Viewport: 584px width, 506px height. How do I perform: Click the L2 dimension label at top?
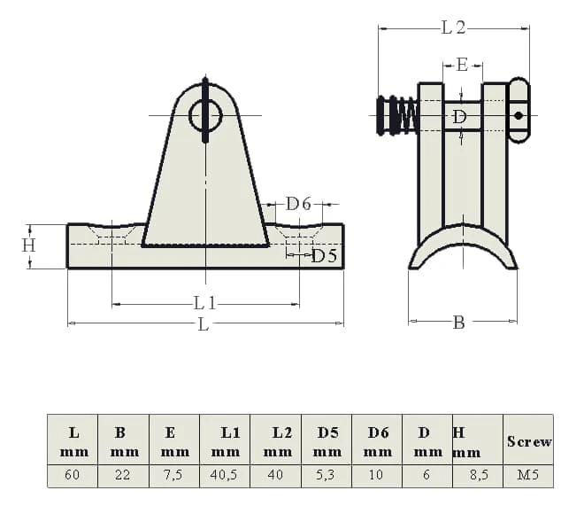453,27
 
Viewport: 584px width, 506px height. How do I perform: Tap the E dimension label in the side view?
462,65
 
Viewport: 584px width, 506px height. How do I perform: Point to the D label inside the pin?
459,118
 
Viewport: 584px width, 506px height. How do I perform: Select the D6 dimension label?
298,204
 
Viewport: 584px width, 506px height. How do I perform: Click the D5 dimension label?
324,256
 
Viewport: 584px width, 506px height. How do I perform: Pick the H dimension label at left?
28,245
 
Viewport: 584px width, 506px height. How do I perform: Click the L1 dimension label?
205,303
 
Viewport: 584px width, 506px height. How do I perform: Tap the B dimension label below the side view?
459,323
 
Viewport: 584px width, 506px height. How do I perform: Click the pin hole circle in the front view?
205,115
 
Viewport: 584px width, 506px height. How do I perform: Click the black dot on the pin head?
519,115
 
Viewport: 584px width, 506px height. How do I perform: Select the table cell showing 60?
73,475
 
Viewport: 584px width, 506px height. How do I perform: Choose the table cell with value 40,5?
225,475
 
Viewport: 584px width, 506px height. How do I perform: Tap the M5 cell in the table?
528,475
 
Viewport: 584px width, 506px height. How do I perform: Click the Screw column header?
528,441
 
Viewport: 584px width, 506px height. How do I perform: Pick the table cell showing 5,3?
326,475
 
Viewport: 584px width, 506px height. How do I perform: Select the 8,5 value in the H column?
478,475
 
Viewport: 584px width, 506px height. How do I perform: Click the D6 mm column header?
378,442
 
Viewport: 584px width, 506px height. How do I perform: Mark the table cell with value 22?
123,475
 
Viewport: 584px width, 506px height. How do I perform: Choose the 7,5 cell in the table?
174,475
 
